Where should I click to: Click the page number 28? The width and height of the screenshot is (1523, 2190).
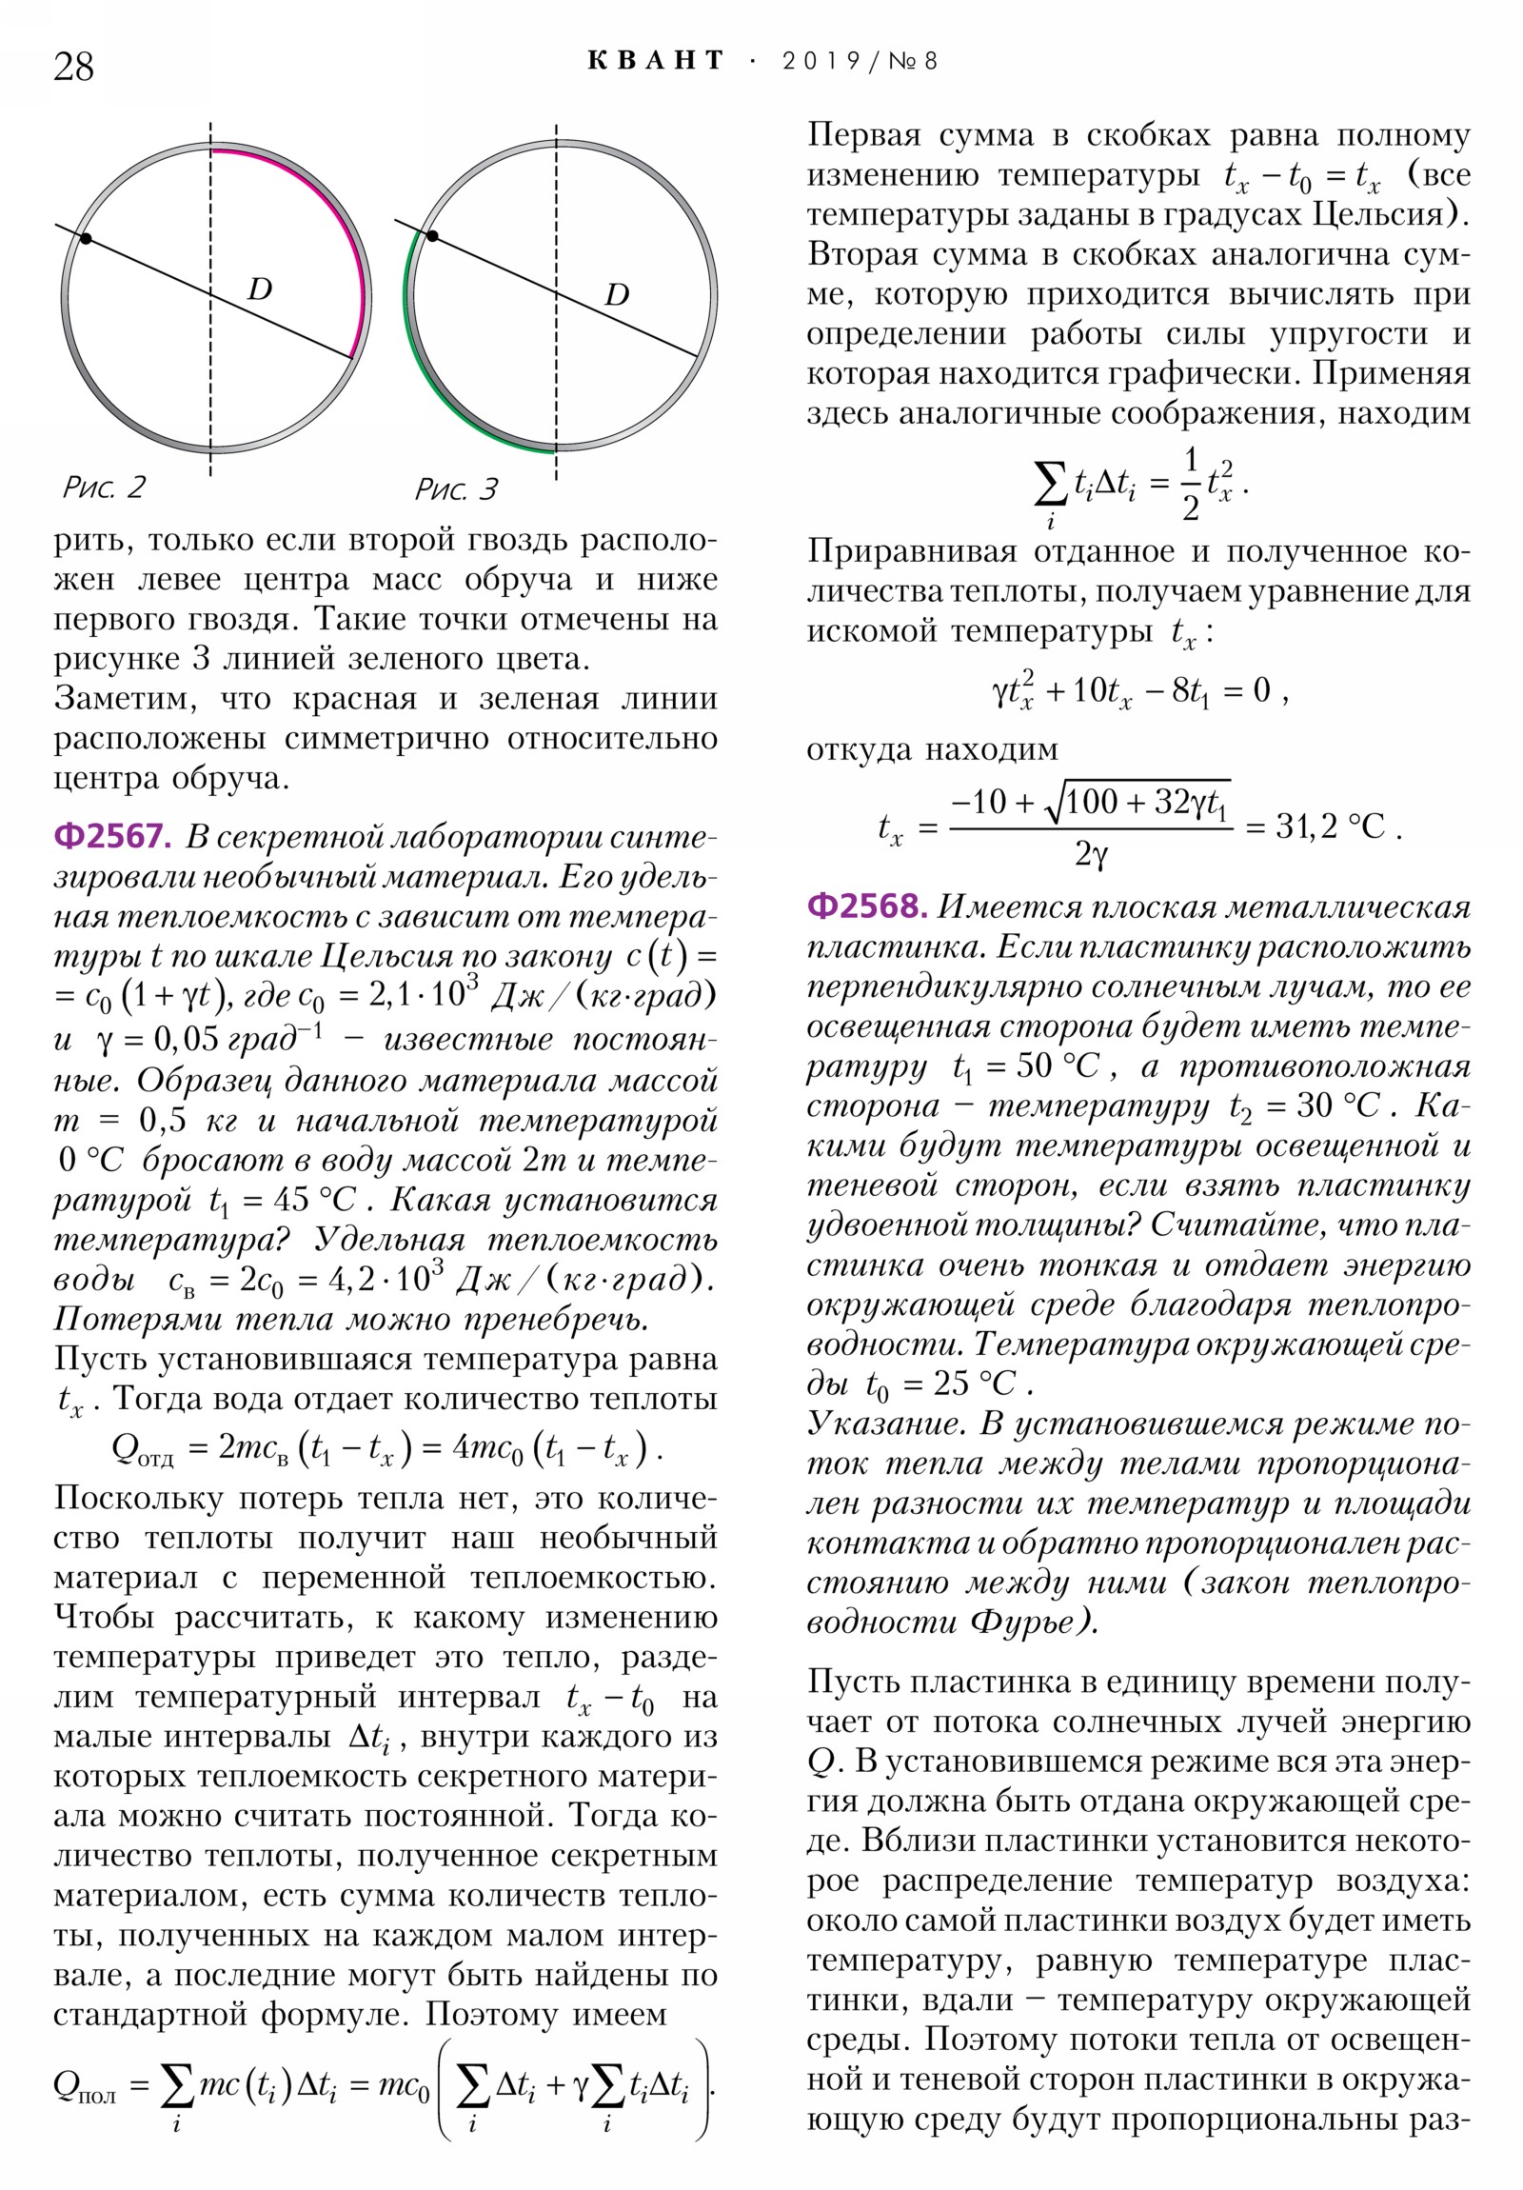tap(73, 67)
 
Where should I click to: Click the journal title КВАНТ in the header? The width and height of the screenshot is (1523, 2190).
tap(656, 61)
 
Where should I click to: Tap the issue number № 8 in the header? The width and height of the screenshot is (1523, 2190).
tap(913, 61)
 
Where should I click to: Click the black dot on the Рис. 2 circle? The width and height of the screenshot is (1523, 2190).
tap(86, 237)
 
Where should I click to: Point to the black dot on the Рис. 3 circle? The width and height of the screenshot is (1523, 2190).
tap(432, 235)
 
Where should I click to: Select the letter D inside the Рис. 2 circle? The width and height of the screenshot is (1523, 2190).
tap(260, 289)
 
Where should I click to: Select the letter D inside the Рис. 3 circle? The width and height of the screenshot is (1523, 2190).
tap(617, 294)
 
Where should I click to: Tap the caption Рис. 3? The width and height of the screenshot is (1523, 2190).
tap(455, 489)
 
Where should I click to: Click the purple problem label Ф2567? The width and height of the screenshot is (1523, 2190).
tap(111, 837)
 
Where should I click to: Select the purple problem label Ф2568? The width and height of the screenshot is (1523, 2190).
tap(866, 906)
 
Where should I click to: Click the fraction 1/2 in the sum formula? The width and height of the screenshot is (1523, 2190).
tap(1189, 484)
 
